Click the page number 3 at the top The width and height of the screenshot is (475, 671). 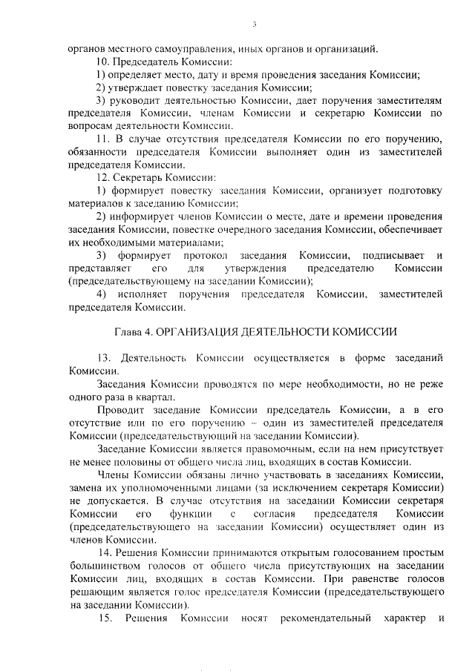point(254,24)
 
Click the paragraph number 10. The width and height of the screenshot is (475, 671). point(104,61)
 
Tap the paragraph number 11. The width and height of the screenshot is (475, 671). point(104,139)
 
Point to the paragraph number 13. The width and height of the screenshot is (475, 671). point(104,357)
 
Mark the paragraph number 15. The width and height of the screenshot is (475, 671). point(104,618)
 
